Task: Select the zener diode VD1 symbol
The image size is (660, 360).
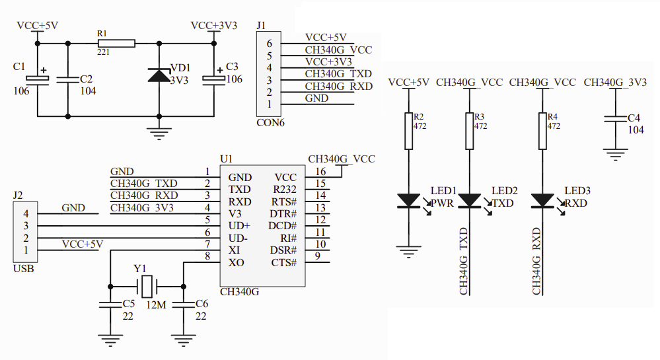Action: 159,75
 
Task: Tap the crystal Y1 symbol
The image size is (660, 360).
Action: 147,287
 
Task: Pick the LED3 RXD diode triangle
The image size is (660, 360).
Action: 542,200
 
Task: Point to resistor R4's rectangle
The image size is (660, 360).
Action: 542,131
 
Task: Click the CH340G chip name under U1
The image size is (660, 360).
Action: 239,291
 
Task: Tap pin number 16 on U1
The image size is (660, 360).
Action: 320,172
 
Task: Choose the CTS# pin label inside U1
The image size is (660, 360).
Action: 284,263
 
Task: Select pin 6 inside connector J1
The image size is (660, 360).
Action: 269,43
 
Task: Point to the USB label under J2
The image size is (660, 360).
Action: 24,269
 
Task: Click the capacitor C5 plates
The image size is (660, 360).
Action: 110,305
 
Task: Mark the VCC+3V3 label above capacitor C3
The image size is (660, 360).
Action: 214,26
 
